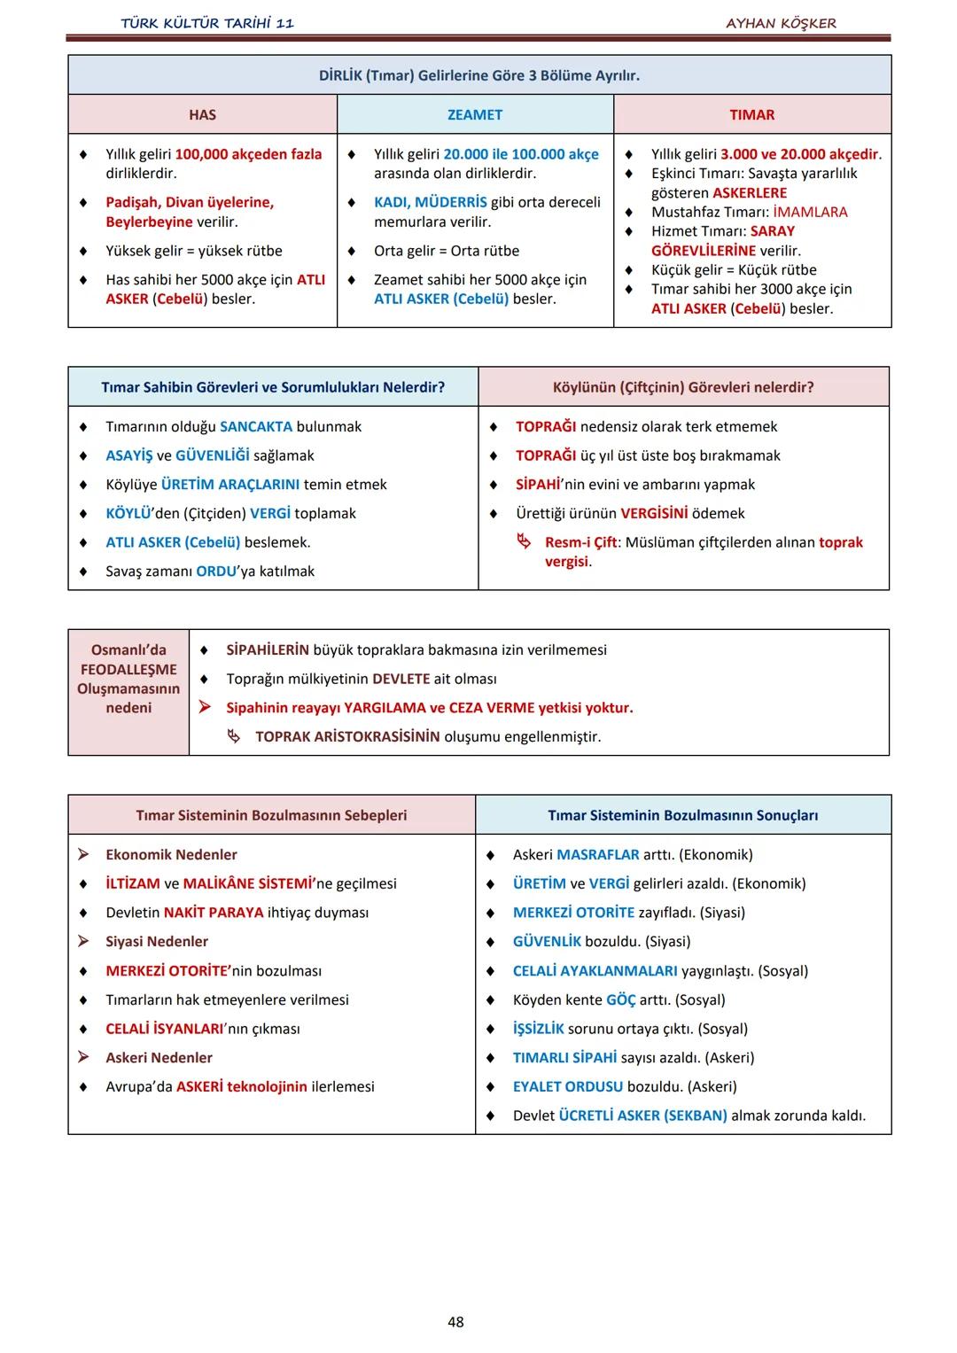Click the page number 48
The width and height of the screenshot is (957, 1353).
pos(455,1322)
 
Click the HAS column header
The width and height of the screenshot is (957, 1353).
pos(202,115)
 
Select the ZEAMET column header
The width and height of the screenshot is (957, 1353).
pos(475,115)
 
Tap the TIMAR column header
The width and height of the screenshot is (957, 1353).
pos(751,115)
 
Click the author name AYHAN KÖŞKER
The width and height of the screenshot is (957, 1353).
pos(781,24)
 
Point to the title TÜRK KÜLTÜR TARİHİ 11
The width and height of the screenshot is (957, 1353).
pos(207,24)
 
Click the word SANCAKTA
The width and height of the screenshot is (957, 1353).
pos(256,427)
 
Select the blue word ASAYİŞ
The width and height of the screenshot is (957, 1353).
pos(129,455)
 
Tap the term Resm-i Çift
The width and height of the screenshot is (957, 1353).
pos(580,542)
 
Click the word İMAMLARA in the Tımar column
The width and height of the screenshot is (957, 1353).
pos(810,213)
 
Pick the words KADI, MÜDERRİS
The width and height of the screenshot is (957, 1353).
pos(430,202)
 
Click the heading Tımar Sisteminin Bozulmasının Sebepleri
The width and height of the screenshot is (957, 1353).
pos(271,815)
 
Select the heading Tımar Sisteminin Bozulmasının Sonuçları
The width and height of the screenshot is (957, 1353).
pos(682,815)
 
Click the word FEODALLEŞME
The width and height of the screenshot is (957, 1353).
pos(128,670)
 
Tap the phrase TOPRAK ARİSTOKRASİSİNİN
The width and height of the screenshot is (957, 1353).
pos(347,737)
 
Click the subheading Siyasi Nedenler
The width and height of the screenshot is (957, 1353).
pos(157,942)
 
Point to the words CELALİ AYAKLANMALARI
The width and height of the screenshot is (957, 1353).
pos(595,971)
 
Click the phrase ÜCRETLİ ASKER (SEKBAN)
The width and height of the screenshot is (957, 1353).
pos(642,1116)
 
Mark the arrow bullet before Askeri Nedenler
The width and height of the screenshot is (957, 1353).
pos(83,1057)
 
